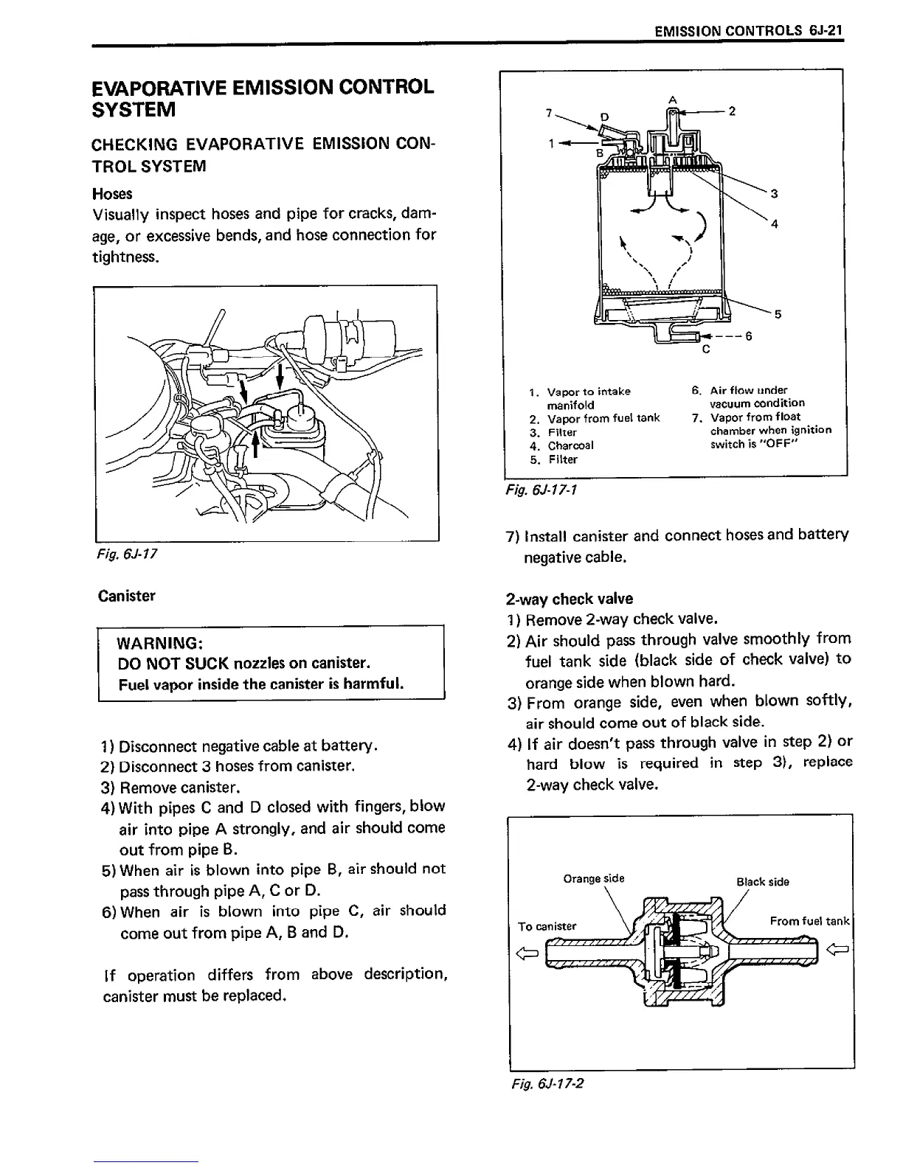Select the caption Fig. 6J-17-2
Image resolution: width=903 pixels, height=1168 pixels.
tap(547, 1083)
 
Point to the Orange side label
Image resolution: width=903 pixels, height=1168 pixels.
tap(593, 878)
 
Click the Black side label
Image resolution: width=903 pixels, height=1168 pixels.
tap(763, 882)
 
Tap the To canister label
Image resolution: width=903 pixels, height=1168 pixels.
tap(547, 926)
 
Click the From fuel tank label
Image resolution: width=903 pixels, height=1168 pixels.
tap(809, 921)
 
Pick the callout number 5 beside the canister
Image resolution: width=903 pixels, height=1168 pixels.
tap(776, 314)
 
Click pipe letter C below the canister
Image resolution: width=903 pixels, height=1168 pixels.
tap(706, 350)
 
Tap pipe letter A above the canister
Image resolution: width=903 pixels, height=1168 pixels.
tap(672, 99)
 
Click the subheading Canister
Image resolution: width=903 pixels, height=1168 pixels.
tap(126, 595)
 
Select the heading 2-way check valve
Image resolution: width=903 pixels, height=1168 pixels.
tap(570, 599)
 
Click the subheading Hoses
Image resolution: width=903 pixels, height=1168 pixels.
tap(112, 194)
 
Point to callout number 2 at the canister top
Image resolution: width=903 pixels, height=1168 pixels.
tap(731, 112)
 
